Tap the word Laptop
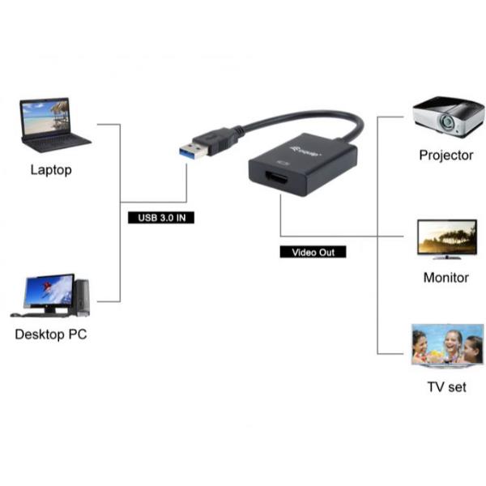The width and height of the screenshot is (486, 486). [51, 170]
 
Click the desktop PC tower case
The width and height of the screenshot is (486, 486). [81, 296]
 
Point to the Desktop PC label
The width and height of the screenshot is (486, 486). [51, 335]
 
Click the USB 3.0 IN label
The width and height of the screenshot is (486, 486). [161, 218]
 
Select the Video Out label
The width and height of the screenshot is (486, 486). [313, 253]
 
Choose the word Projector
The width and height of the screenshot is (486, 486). [446, 155]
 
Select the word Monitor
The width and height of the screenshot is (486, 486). [446, 277]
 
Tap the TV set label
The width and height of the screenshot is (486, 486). [446, 387]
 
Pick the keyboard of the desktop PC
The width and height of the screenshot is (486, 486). [40, 313]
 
